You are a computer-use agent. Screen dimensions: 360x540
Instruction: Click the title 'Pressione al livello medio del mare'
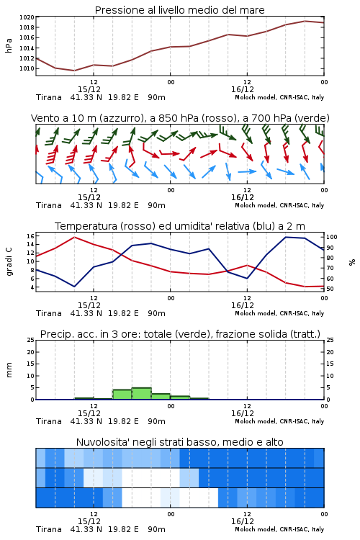(x=179, y=10)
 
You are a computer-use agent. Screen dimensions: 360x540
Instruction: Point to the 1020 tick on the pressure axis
(x=27, y=17)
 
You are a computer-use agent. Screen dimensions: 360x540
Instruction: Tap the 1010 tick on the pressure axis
(x=27, y=68)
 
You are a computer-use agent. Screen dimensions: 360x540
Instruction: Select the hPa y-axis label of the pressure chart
(x=9, y=45)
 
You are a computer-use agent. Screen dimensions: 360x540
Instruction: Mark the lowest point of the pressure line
(x=74, y=71)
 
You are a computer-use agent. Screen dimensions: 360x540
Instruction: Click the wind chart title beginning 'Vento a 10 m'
(x=180, y=118)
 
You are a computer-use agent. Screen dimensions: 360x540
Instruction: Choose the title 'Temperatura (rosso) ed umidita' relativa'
(x=180, y=226)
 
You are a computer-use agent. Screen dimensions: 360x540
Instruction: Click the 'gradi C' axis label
(x=9, y=261)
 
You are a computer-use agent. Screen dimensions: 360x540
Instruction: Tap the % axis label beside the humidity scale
(x=352, y=262)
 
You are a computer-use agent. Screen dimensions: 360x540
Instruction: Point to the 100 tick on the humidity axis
(x=332, y=237)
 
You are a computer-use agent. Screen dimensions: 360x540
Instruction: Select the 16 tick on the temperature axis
(x=30, y=236)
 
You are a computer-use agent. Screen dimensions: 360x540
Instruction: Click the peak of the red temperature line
(x=74, y=237)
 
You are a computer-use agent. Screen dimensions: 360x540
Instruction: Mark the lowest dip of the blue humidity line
(x=74, y=287)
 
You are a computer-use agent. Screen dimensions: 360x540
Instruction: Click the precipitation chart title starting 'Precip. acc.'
(x=180, y=334)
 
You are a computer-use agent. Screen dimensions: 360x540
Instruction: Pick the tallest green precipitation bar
(x=142, y=394)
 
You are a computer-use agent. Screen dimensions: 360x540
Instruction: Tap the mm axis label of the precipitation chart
(x=9, y=370)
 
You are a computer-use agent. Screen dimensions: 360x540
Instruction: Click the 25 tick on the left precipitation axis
(x=31, y=340)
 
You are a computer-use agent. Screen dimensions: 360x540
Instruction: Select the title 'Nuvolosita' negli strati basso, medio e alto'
(x=180, y=442)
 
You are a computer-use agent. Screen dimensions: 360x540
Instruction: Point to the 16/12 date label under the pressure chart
(x=243, y=89)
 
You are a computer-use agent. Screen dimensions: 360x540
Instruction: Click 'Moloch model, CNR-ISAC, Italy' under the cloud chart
(x=279, y=529)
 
